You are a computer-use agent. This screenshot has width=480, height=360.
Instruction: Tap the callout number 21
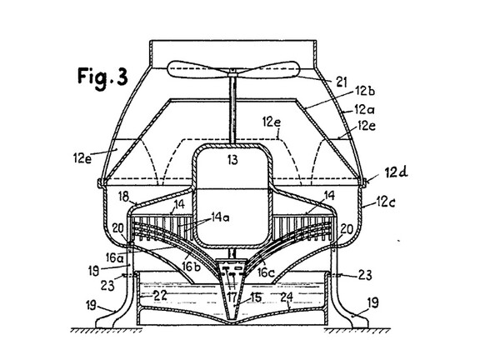[342, 82]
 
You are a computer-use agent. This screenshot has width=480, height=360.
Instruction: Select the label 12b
[365, 91]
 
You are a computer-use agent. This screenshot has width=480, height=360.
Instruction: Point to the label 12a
[364, 109]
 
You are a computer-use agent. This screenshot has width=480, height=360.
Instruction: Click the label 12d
[396, 172]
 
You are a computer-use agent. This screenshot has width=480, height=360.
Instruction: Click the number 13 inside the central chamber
[232, 159]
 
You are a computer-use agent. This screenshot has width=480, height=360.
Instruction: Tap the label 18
[123, 197]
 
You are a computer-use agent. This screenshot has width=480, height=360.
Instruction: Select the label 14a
[220, 217]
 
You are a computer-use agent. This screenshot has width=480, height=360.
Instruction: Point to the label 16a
[115, 257]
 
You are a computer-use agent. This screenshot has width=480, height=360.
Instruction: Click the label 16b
[191, 267]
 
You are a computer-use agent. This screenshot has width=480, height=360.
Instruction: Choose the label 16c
[265, 272]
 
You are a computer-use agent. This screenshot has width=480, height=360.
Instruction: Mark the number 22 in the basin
[160, 296]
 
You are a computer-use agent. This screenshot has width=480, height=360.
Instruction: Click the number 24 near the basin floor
[287, 297]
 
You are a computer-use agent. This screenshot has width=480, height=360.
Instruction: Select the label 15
[256, 297]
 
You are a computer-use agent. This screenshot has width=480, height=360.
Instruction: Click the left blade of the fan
[197, 69]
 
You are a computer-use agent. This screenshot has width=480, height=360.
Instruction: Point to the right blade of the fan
[267, 69]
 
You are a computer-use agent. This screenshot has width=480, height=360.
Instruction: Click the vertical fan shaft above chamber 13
[233, 109]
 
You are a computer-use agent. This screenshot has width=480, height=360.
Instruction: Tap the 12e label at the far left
[82, 158]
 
